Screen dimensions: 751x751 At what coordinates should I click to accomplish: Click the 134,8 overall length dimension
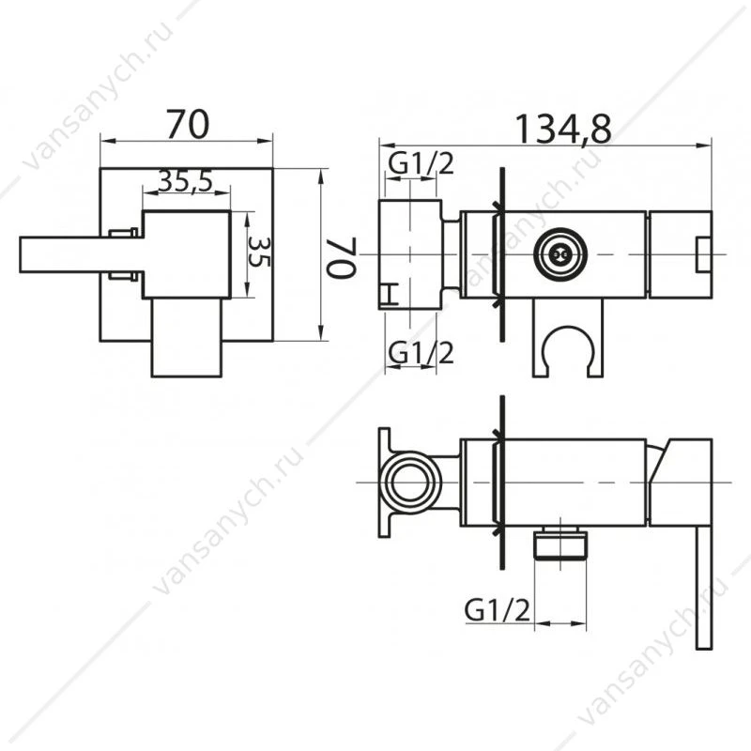tap(562, 130)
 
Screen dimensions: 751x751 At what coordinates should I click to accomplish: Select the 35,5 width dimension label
tap(186, 181)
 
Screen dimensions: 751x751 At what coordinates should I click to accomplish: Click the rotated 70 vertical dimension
tap(342, 257)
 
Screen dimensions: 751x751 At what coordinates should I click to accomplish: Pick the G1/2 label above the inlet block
tap(421, 163)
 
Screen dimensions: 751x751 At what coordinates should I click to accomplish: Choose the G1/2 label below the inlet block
tap(421, 353)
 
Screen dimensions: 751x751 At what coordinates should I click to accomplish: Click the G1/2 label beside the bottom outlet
tap(498, 610)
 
